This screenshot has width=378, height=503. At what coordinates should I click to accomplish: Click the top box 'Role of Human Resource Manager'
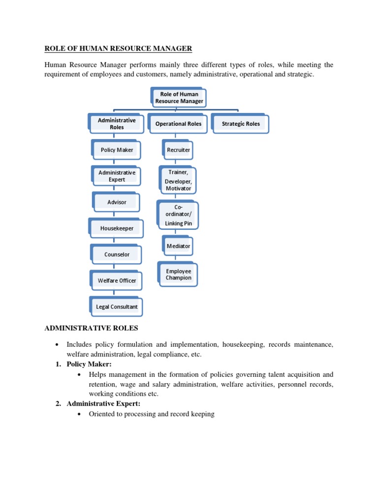point(179,97)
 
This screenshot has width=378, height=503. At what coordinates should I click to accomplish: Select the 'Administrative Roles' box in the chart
point(117,123)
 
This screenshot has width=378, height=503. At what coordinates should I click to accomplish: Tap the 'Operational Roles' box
point(178,124)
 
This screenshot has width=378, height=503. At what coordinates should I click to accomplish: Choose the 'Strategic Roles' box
point(241,124)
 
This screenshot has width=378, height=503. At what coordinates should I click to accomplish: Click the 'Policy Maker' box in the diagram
point(117,150)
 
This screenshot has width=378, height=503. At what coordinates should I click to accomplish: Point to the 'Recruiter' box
point(178,150)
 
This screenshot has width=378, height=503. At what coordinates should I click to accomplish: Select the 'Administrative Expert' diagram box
point(117,176)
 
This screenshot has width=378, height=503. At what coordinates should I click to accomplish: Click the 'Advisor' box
point(117,202)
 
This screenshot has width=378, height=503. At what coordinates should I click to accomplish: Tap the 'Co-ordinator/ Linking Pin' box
point(178,216)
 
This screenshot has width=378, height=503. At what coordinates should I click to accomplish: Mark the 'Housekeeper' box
point(117,228)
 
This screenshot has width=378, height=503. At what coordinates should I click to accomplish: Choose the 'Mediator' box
point(178,246)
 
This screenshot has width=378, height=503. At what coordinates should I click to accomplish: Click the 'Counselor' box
point(117,254)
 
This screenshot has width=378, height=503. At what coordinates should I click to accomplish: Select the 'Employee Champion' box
point(178,274)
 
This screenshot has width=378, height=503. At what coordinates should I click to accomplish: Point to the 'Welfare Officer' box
point(117,281)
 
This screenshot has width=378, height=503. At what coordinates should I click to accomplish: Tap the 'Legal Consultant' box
point(117,307)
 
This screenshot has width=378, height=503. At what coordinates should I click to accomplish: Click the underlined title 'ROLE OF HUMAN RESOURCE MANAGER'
point(118,48)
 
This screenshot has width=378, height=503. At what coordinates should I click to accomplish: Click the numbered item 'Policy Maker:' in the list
point(89,364)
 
